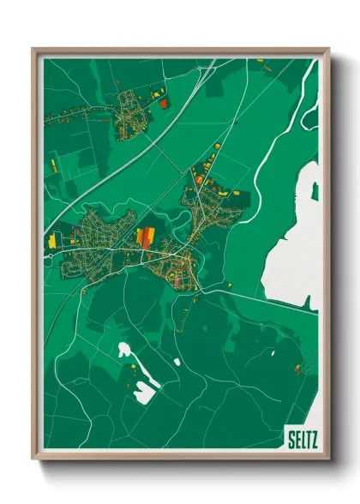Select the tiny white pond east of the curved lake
(x=177, y=362)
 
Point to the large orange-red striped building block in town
(x=145, y=236)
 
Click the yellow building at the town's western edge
(x=57, y=242)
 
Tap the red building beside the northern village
(x=164, y=103)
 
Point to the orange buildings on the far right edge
(x=298, y=369)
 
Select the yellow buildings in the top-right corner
(x=262, y=62)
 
